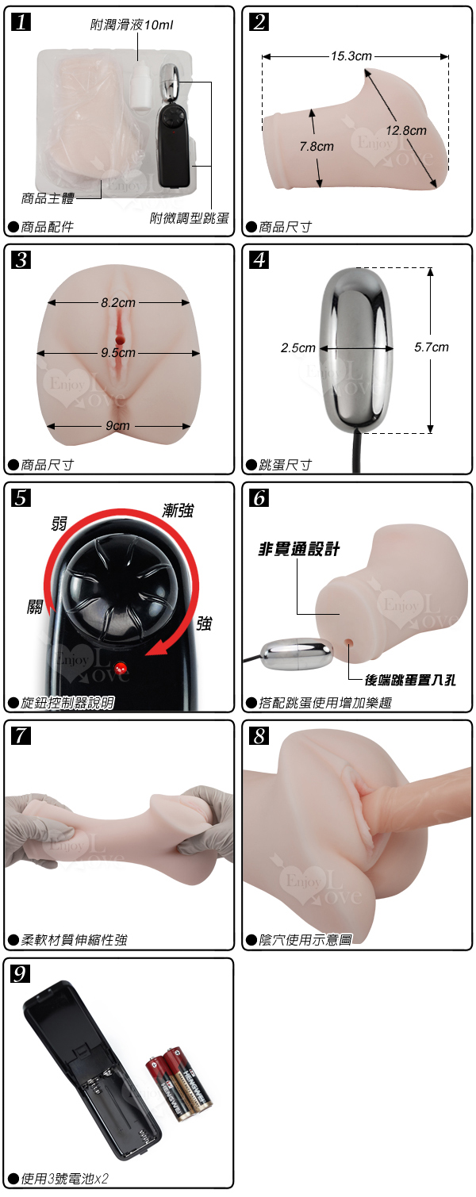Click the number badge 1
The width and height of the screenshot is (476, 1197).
21,22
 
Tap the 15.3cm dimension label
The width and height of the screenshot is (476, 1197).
351,56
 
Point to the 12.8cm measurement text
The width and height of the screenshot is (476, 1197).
406,130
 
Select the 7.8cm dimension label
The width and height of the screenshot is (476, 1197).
317,147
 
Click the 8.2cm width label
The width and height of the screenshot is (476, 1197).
118,302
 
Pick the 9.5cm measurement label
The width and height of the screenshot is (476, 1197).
118,353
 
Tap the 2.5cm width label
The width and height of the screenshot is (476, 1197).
298,348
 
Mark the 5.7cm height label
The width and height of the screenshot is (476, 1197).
431,347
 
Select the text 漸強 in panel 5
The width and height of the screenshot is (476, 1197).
178,510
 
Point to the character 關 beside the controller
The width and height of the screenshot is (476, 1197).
35,607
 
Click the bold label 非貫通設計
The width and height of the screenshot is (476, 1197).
299,549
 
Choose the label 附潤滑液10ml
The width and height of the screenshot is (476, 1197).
132,25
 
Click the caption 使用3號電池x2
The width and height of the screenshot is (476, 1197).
64,1178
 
